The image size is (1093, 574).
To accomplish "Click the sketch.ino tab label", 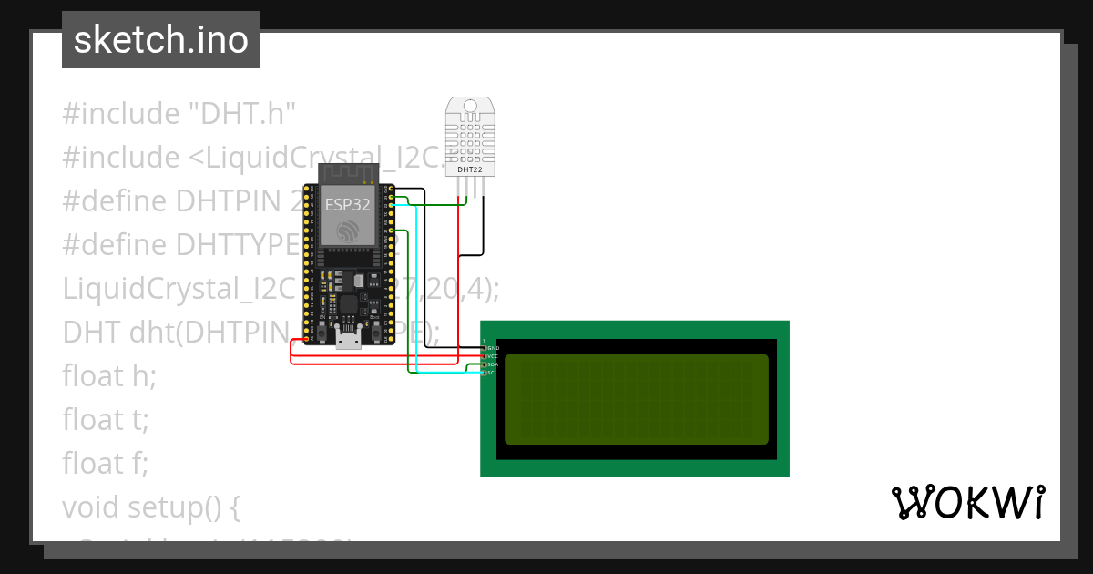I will tap(161, 40).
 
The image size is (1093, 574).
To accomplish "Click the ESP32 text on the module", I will tap(348, 204).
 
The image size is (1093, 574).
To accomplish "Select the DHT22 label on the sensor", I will tap(470, 169).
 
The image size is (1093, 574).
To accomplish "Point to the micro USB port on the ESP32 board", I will tap(347, 339).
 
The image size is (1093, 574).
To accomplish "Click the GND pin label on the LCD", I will tap(492, 348).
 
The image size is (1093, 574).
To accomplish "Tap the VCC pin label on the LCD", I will tap(492, 356).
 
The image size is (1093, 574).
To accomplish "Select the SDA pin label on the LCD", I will tap(492, 364).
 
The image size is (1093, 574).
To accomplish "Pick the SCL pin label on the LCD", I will tap(492, 373).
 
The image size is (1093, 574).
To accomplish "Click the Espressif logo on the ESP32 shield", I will tap(348, 231).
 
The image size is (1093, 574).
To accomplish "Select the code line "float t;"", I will tap(105, 420).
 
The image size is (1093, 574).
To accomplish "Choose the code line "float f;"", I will tap(105, 464).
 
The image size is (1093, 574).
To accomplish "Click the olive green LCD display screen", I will tap(636, 399).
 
